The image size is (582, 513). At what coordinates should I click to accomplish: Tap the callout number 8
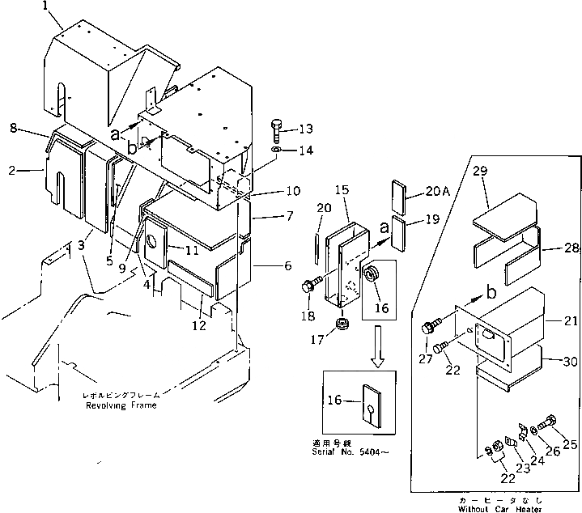pos(13,128)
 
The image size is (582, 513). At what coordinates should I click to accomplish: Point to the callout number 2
pos(13,171)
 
